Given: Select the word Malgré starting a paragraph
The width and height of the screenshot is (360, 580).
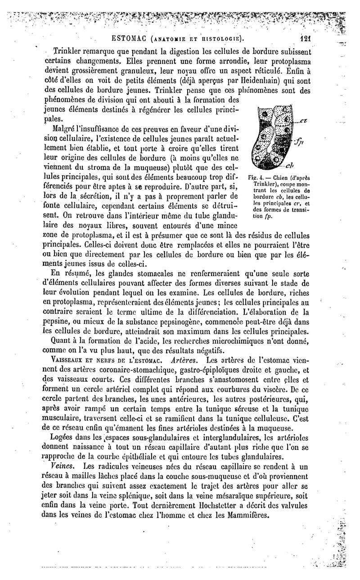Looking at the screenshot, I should pyautogui.click(x=66, y=129).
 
